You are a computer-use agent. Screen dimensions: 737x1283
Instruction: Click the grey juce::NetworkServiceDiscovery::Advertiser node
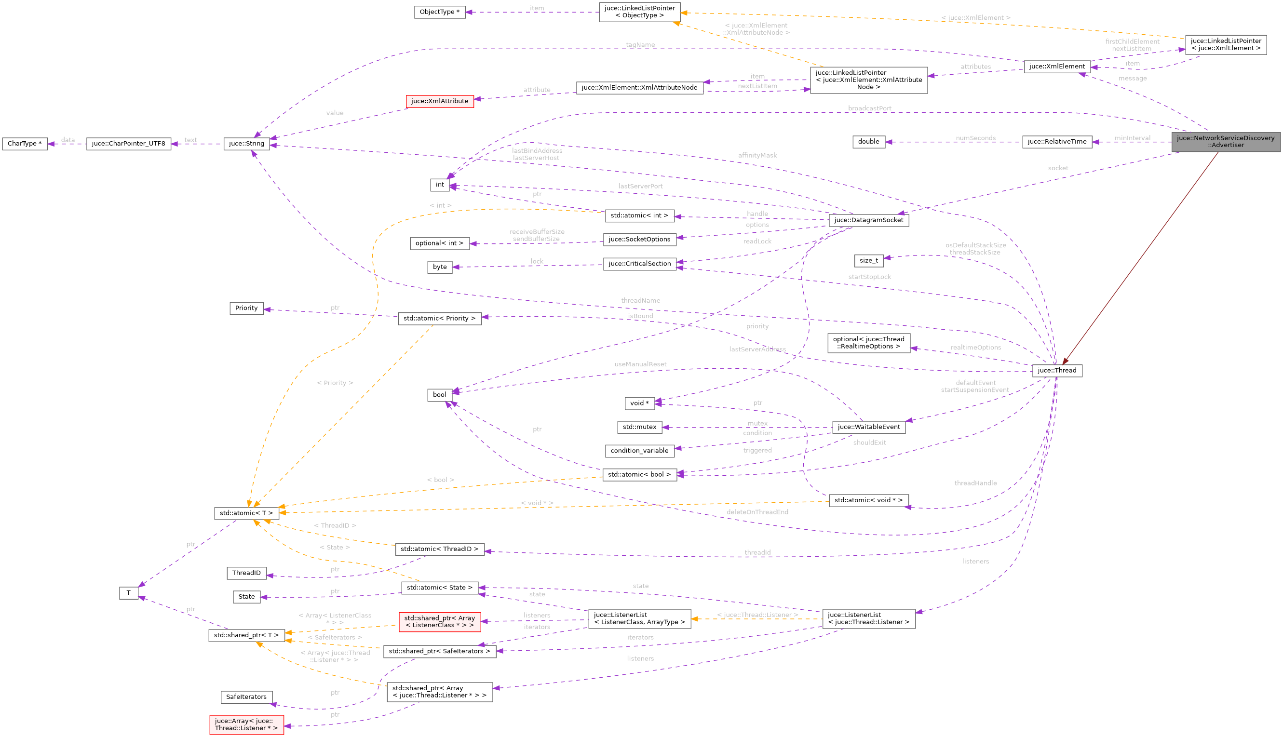1225,142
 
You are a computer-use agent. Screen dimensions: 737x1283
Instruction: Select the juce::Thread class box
1057,371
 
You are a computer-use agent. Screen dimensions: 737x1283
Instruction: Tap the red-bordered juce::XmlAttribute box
440,101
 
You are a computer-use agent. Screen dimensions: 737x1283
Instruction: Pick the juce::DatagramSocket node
868,220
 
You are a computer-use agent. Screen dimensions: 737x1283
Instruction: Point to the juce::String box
246,144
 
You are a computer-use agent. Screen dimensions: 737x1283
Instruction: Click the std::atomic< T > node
246,513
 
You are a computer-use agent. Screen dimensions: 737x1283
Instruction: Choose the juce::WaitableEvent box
868,427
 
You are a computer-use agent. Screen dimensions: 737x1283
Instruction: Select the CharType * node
25,144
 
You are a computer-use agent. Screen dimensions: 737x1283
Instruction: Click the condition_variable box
639,451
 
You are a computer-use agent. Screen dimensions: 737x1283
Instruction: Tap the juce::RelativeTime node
1057,142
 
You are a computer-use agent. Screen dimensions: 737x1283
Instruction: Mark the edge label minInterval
1132,138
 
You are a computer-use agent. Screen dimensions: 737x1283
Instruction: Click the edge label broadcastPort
869,108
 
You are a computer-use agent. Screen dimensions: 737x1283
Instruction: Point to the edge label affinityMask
757,155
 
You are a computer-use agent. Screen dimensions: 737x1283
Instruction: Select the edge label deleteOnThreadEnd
757,512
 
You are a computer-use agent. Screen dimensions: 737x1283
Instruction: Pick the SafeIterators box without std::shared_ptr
246,697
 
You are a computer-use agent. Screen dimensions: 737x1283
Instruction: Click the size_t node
868,261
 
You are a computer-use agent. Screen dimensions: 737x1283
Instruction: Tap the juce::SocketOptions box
639,240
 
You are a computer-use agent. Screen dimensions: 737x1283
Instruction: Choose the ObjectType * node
440,12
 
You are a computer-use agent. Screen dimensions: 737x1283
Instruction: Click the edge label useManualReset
640,364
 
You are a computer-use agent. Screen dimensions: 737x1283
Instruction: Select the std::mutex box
639,427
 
